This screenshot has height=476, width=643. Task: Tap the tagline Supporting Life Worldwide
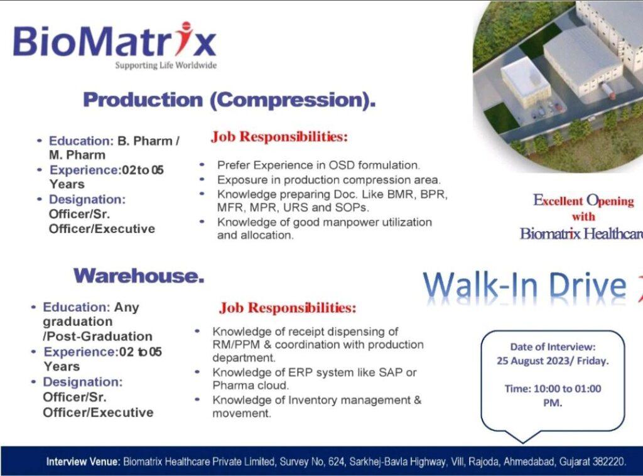tap(166, 65)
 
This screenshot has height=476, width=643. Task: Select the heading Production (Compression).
tap(229, 100)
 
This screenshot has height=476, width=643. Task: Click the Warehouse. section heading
tap(139, 276)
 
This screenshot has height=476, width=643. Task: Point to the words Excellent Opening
tap(583, 200)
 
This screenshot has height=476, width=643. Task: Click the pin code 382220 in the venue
tap(610, 462)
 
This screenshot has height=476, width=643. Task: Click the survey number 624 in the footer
tap(337, 462)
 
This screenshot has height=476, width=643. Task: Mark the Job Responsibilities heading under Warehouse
tap(288, 308)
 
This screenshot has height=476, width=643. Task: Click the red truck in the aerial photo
tap(607, 90)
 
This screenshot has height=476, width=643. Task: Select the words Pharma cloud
tap(251, 386)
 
